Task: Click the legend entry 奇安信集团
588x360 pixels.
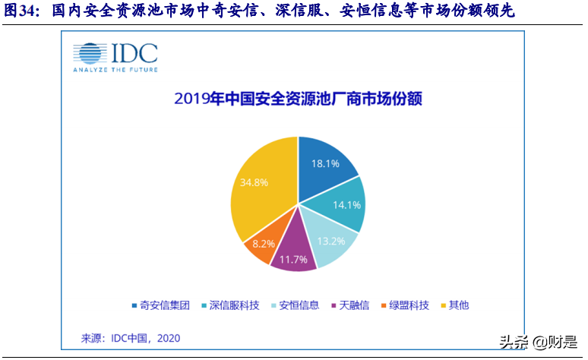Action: pos(163,305)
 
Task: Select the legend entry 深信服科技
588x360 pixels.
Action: pos(231,305)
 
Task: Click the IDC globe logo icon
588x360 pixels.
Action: pos(90,53)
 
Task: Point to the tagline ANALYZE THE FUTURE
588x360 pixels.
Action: pos(115,69)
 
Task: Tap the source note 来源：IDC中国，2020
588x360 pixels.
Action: pos(131,337)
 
